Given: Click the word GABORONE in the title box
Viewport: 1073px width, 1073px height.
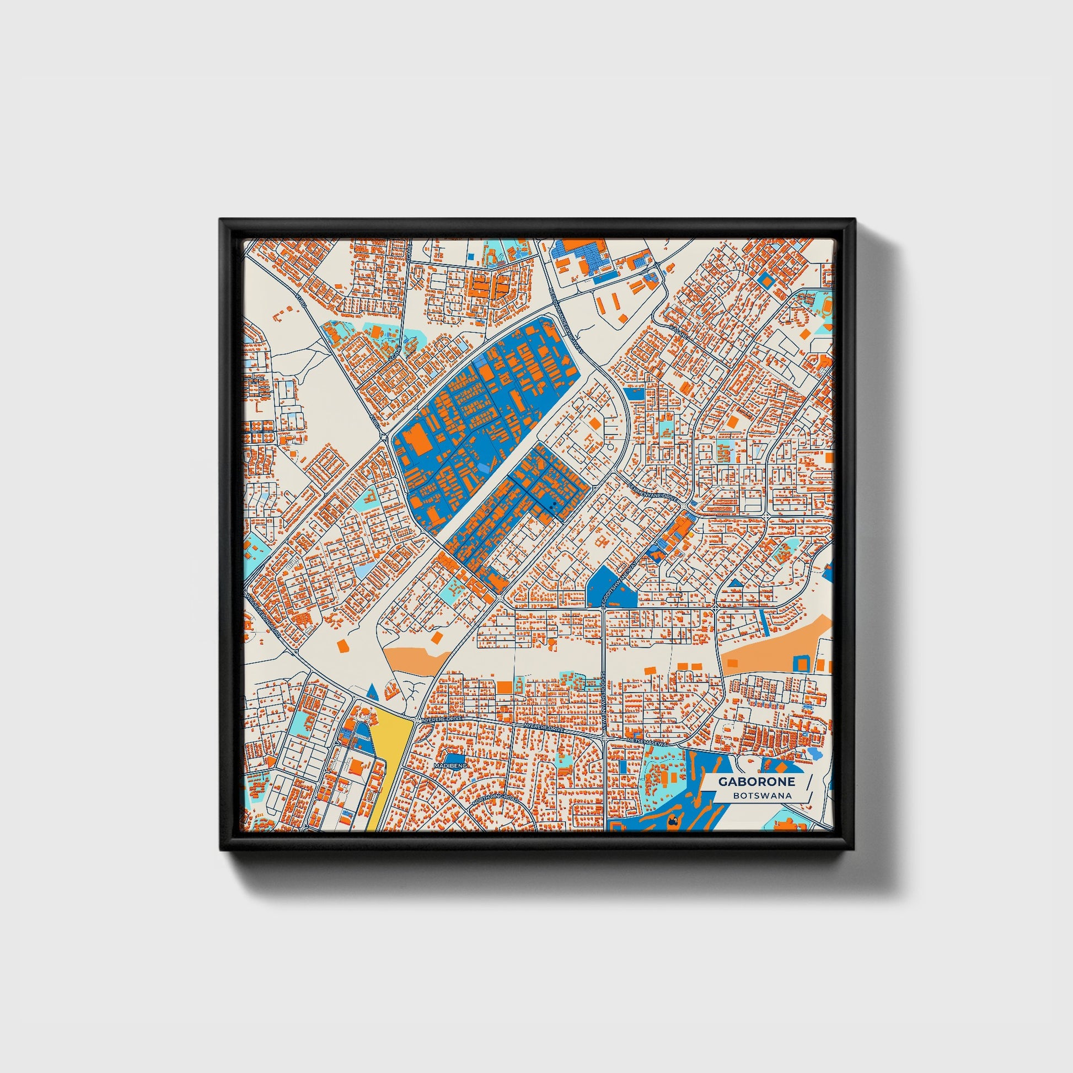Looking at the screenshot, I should click(x=756, y=781).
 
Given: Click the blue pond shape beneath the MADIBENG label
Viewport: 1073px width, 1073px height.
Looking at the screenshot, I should click(x=455, y=758).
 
